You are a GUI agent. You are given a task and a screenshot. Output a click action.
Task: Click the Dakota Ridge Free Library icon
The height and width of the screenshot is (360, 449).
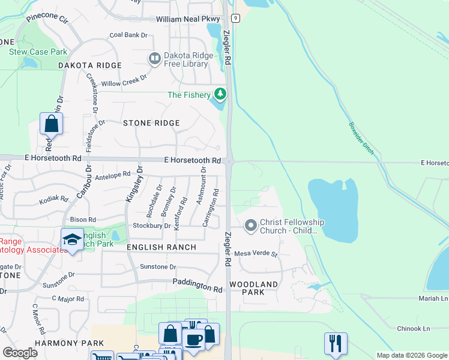(x=154, y=58)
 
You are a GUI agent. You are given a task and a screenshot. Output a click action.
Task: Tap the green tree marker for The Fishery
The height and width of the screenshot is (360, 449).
(x=221, y=94)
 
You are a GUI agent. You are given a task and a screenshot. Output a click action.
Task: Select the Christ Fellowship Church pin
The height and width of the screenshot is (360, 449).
(x=251, y=226)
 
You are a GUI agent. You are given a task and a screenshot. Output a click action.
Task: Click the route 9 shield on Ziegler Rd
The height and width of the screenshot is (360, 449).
(x=236, y=19)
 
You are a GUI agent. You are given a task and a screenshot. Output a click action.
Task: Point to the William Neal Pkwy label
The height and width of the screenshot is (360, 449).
(x=187, y=19)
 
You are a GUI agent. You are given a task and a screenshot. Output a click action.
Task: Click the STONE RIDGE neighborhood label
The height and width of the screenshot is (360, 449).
(x=151, y=123)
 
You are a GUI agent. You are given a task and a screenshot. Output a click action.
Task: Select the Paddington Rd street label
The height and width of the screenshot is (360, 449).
(x=197, y=285)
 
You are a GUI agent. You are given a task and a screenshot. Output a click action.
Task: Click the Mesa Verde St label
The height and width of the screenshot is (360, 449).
(x=256, y=253)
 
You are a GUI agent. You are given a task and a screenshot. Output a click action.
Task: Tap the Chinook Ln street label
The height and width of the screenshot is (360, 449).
(x=414, y=328)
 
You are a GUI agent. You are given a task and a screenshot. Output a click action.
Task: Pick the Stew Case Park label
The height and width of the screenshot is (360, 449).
(x=38, y=52)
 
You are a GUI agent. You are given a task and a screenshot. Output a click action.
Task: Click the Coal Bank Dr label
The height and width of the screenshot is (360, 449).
(x=128, y=35)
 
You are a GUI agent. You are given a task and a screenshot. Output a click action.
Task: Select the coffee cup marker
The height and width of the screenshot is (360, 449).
(x=194, y=339)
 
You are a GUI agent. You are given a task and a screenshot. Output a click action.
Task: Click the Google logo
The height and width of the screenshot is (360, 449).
(x=20, y=353)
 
